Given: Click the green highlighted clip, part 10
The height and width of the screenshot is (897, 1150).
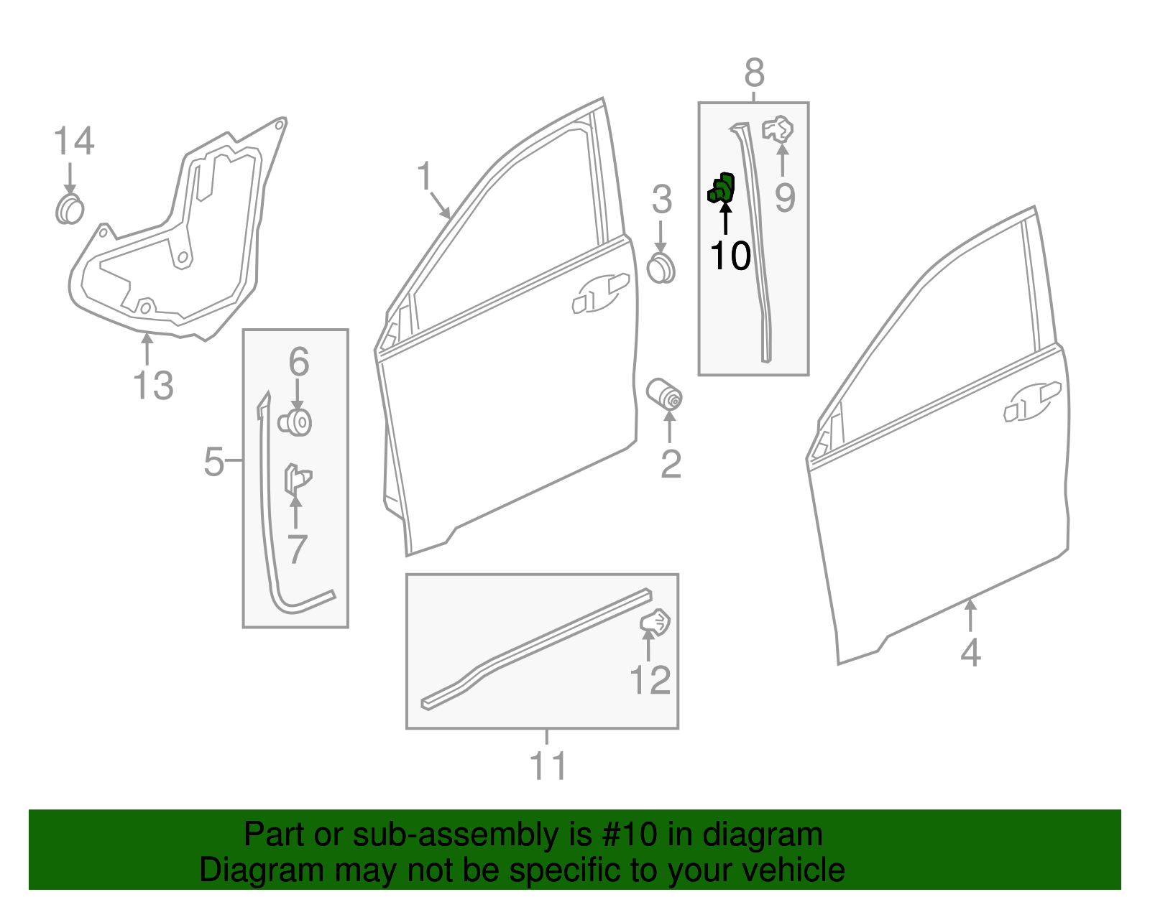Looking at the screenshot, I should click(722, 188).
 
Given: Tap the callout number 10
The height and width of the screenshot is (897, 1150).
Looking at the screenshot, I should click(730, 256).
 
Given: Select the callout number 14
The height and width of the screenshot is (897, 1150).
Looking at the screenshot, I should click(74, 141).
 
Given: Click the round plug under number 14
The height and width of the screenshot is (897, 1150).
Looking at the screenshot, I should click(70, 210).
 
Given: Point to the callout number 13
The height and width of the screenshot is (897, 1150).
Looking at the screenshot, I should click(153, 386).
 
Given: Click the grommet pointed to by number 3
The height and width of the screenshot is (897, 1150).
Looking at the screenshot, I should click(661, 269).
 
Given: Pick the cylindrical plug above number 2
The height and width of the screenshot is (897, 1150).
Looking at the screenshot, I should click(665, 394).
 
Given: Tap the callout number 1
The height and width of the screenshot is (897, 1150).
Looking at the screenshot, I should click(425, 176).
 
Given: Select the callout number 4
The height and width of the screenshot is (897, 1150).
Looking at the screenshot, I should click(970, 653).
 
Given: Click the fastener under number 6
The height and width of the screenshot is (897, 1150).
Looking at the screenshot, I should click(295, 422).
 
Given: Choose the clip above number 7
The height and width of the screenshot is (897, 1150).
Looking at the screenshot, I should click(297, 479).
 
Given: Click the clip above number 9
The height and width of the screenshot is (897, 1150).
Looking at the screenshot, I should click(778, 130).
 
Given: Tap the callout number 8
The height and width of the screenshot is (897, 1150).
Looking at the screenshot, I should click(754, 73).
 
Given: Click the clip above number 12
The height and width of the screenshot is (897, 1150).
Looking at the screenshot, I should click(655, 622).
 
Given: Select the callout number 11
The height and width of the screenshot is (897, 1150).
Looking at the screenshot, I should click(548, 766).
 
